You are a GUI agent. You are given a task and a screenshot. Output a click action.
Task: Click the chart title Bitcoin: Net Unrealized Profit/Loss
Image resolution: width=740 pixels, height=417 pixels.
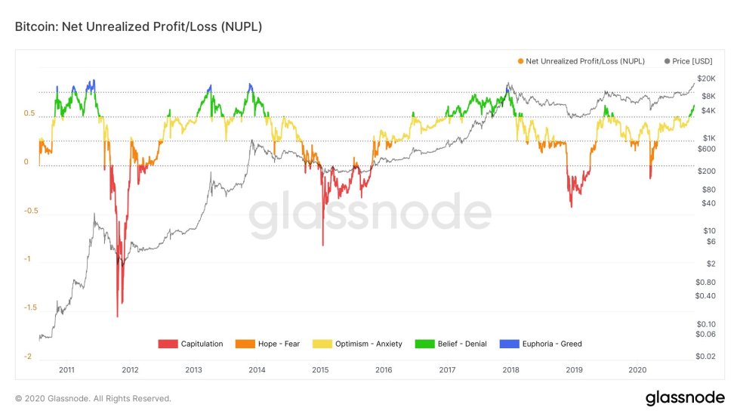(138, 26)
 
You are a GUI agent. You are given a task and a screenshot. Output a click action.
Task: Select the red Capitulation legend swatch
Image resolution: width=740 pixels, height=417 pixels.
(168, 344)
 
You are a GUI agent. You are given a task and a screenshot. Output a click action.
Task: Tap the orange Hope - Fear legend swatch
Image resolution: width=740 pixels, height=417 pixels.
(245, 344)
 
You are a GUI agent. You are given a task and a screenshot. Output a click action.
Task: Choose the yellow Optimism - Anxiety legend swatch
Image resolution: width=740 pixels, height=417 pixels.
(322, 344)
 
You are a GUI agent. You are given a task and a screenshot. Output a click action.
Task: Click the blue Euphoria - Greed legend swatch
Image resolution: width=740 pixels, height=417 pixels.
(510, 344)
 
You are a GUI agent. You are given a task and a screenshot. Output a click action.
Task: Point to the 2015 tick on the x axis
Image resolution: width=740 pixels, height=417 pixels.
(321, 369)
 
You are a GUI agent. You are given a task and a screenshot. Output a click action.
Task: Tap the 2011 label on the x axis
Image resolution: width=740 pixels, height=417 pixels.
(66, 369)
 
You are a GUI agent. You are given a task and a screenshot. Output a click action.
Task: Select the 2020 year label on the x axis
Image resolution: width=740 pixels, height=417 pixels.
(638, 369)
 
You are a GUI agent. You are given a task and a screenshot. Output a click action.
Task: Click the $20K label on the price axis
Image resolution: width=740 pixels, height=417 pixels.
(706, 79)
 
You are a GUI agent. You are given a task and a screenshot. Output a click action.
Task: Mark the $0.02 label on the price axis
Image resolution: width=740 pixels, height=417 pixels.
(706, 356)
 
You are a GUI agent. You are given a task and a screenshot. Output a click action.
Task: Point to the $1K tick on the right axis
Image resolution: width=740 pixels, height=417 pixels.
(708, 137)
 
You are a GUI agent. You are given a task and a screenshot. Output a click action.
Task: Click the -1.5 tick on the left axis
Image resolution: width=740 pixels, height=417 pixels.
(30, 308)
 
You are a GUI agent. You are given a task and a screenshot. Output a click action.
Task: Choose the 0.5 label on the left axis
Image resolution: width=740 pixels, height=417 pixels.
(29, 113)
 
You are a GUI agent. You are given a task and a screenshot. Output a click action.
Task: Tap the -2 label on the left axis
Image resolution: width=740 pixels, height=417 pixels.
(28, 357)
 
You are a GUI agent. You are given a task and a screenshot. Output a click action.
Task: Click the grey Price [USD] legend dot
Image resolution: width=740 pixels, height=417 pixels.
(667, 61)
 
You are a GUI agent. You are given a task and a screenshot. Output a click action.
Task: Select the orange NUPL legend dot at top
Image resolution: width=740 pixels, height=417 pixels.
(520, 61)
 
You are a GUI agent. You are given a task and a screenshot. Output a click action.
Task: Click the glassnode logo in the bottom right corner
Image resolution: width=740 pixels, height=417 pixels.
(685, 397)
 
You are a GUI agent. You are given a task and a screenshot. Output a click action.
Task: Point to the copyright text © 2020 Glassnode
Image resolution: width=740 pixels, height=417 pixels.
(93, 398)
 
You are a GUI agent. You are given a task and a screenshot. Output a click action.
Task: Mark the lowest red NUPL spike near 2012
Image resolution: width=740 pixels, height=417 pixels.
(117, 316)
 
